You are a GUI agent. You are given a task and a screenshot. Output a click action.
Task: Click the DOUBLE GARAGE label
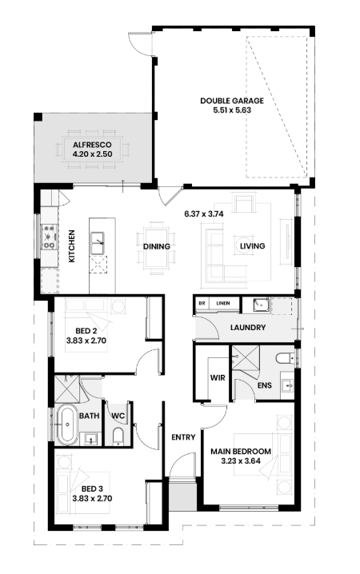point(232,101)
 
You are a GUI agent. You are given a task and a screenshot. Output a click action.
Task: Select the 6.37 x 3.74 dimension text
point(204,213)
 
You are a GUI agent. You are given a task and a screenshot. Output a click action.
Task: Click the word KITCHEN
point(72,246)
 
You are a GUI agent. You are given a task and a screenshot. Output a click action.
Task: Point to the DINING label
point(157,247)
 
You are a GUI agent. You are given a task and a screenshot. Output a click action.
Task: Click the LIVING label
point(252,246)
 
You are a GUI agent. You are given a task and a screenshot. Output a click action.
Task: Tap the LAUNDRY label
point(248,327)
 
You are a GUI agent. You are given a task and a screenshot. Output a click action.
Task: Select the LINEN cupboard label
point(223,303)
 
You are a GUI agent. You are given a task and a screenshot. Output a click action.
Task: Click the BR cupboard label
point(202,303)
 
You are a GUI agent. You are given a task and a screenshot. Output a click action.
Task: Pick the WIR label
point(218,378)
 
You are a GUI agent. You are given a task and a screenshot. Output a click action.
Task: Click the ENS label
point(265,385)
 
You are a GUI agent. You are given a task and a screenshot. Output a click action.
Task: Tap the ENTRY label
point(183,437)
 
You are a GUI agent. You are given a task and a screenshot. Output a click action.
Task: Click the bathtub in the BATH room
point(67,425)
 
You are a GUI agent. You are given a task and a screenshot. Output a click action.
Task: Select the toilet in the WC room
point(118,436)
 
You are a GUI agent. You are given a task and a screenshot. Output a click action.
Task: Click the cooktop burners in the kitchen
point(49,237)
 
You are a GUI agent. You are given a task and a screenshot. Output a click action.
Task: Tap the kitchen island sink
point(98,243)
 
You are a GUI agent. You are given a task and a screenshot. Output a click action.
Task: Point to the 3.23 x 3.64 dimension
point(241,461)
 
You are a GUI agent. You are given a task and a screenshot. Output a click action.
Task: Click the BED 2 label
point(86,331)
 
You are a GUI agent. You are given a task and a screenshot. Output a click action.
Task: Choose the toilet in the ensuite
point(285,358)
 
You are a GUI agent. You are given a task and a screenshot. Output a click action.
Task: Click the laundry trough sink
point(262,305)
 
